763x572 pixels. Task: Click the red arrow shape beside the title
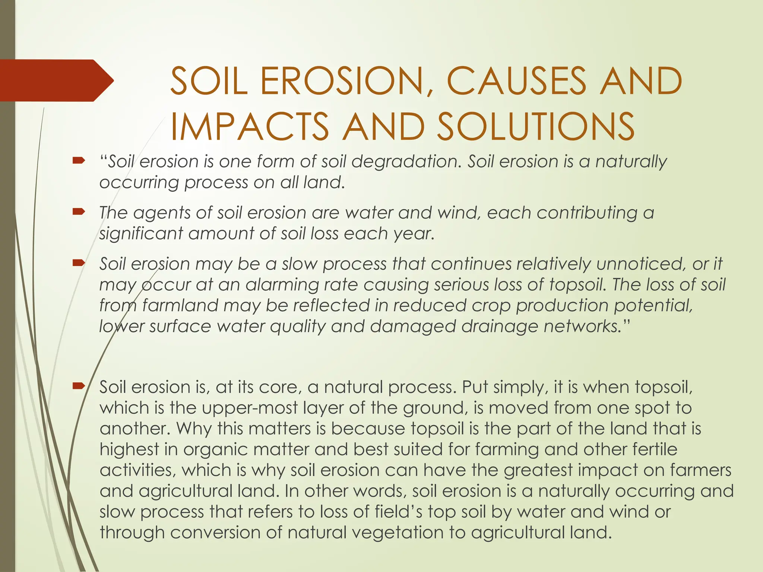[56, 80]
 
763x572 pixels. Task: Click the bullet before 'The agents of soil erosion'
[79, 212]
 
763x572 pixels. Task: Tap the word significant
[141, 234]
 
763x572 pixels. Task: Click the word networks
[581, 326]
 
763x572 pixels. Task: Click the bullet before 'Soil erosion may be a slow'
[79, 263]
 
